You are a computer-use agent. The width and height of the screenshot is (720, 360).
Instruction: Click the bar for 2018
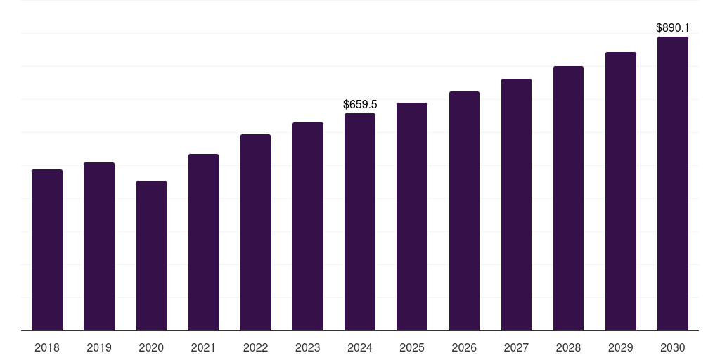pos(47,250)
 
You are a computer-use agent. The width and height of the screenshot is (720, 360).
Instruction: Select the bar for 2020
pos(151,255)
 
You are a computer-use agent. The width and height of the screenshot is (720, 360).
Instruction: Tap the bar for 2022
pos(255,232)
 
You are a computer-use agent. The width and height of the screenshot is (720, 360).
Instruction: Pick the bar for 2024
pos(360,221)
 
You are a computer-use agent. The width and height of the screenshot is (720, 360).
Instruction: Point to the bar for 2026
pos(464,211)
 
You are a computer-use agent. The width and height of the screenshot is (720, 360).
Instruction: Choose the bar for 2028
pos(568,198)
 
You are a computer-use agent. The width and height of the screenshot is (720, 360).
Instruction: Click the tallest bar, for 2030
pos(672,184)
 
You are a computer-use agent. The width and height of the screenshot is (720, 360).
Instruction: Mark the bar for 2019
pos(99,246)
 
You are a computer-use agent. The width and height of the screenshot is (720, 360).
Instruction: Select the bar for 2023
pos(308,226)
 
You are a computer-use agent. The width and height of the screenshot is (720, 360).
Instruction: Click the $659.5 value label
pos(360,104)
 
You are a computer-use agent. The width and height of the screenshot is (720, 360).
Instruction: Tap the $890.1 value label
pos(672,28)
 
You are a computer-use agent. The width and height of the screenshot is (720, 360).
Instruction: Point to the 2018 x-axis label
pos(47,347)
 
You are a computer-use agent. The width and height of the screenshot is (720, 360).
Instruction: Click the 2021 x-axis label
pos(203,347)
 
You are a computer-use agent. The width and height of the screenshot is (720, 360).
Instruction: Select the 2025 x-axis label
pos(412,347)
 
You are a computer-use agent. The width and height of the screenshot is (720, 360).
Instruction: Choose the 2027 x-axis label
pos(516,347)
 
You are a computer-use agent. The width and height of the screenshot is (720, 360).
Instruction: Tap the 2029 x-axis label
pos(620,347)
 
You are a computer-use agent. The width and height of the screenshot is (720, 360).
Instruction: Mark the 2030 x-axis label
pos(672,347)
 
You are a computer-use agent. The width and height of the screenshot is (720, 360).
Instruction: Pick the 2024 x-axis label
pos(360,347)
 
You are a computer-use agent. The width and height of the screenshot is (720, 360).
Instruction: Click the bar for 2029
pos(620,191)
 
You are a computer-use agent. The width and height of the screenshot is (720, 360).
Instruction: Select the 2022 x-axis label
pos(255,347)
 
